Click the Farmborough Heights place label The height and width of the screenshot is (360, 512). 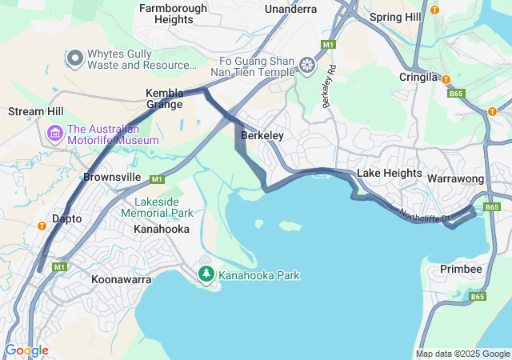173,14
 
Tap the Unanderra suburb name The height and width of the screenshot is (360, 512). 291,10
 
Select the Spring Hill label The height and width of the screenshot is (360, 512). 396,16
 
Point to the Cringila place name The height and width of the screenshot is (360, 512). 418,78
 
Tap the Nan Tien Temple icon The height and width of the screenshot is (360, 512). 306,64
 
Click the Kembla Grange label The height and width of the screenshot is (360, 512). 164,98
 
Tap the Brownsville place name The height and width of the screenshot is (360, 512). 112,176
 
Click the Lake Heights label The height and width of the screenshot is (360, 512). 389,173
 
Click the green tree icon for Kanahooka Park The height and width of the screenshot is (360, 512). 206,274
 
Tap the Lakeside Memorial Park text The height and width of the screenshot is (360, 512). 158,208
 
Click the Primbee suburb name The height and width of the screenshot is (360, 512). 461,269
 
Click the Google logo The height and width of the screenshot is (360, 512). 26,350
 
